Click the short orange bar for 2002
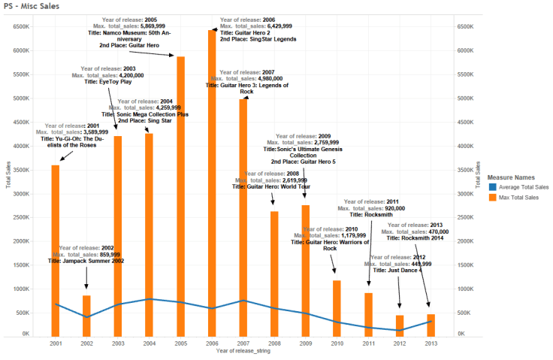86,316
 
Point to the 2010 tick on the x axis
337,343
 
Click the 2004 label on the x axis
149,343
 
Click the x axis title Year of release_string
243,352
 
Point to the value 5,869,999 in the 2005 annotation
160,26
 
